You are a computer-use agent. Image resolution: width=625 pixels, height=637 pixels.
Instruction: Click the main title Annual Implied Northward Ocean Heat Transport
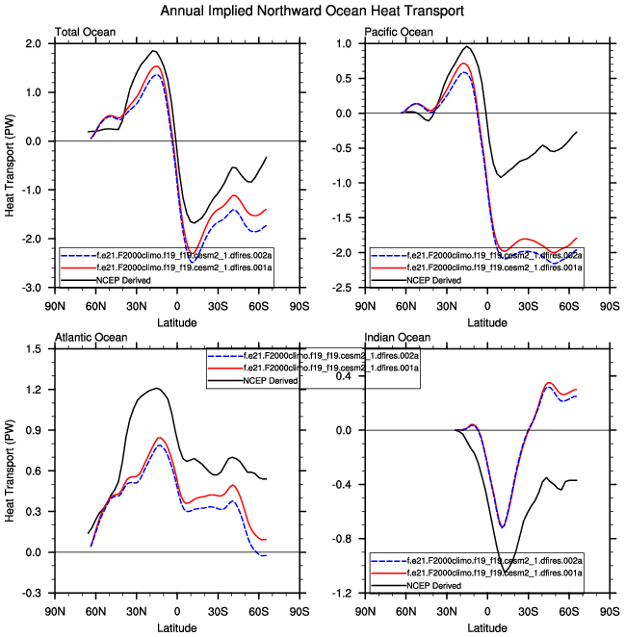click(x=312, y=11)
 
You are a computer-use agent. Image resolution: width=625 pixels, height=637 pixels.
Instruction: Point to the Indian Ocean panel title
click(x=394, y=337)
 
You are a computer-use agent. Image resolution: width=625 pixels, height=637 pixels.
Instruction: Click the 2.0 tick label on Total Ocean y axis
click(x=33, y=44)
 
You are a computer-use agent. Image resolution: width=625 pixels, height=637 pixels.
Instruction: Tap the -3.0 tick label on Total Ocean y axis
click(x=31, y=288)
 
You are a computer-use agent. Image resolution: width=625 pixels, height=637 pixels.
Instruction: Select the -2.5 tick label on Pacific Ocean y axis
click(x=342, y=288)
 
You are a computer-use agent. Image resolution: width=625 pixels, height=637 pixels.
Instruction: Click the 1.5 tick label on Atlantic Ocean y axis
click(x=33, y=349)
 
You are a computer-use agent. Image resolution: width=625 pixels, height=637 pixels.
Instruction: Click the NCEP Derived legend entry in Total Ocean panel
click(x=112, y=279)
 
